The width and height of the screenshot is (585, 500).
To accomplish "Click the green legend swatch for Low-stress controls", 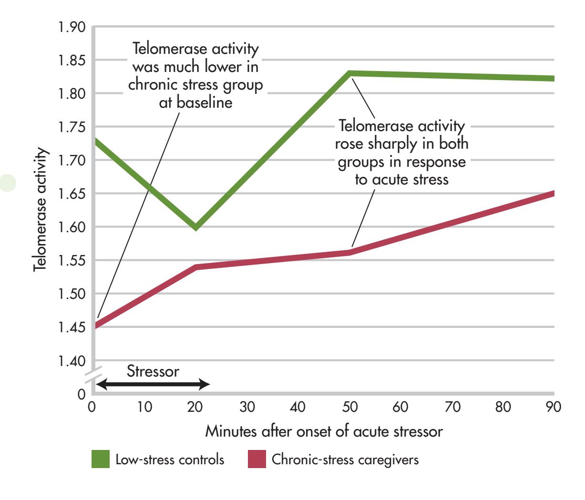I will [x=101, y=460].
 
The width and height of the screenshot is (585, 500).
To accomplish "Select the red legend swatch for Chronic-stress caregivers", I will [x=257, y=460].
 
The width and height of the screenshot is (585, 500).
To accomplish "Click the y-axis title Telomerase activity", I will [x=41, y=210].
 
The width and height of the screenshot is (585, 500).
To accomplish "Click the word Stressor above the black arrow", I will [x=153, y=371].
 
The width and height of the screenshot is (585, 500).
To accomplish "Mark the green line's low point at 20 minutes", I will [x=195, y=227].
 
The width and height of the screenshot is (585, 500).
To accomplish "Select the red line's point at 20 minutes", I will [x=196, y=267].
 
